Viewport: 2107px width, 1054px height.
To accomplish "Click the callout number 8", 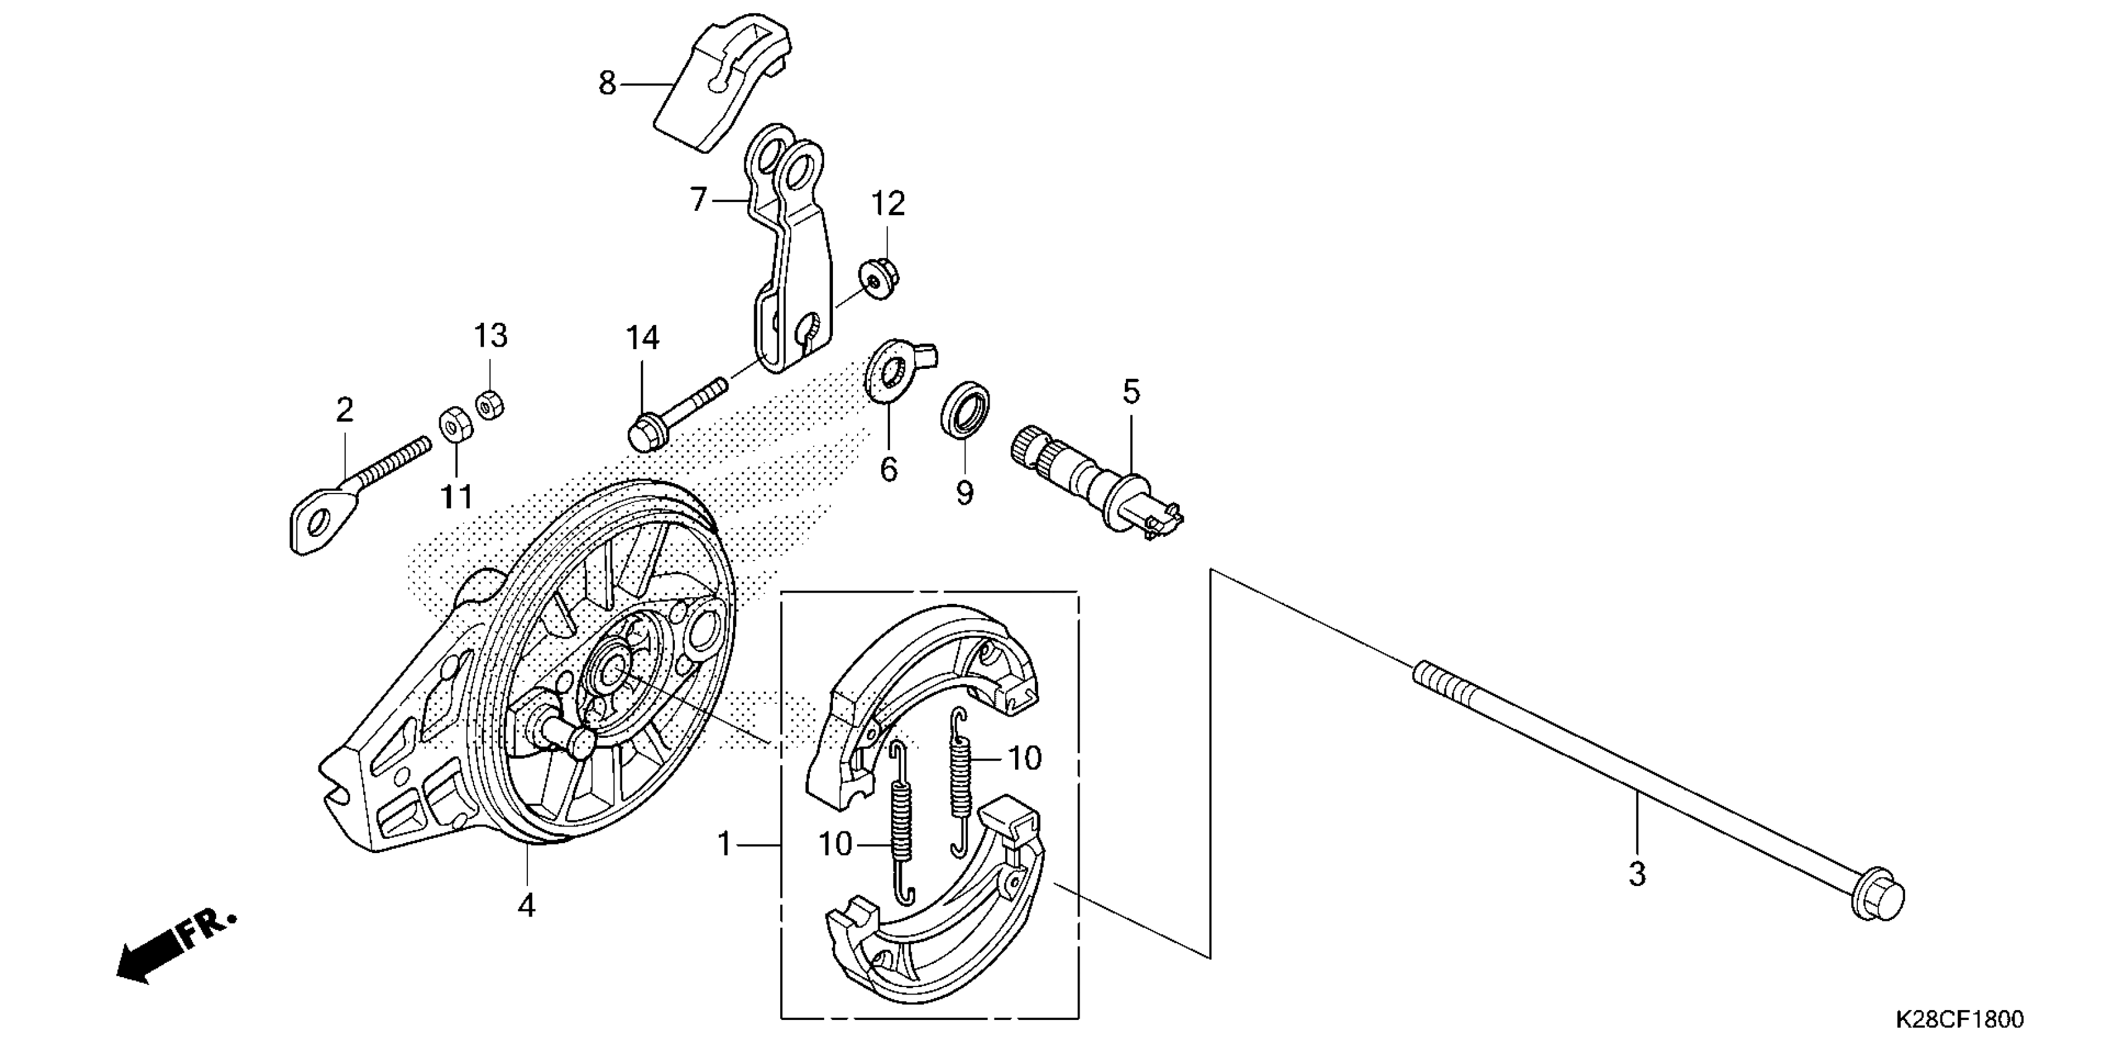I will click(x=607, y=84).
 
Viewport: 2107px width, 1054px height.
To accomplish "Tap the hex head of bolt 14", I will click(x=646, y=432).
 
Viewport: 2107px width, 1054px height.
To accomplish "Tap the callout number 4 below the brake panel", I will click(x=527, y=905).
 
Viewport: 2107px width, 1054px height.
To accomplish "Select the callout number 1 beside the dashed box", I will click(x=724, y=844).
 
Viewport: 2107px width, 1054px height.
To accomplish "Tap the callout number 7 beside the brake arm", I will click(x=698, y=199).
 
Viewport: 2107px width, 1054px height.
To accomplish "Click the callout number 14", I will click(x=642, y=338).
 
